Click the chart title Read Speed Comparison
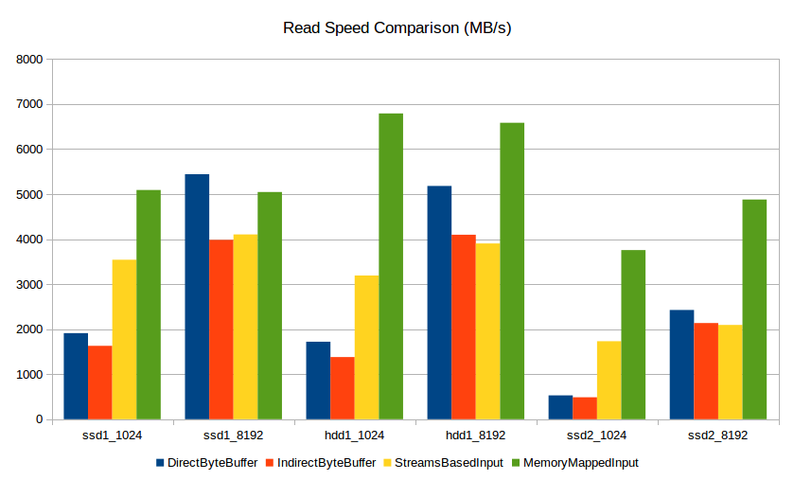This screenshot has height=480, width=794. click(x=397, y=27)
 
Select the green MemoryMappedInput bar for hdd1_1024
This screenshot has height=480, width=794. click(x=391, y=266)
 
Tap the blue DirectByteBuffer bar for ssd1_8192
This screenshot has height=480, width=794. click(x=197, y=296)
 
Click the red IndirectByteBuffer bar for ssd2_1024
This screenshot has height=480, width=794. click(x=585, y=408)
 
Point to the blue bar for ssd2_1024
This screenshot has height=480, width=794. click(x=560, y=407)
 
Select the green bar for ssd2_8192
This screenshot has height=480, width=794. click(x=754, y=310)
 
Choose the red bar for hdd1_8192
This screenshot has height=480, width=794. click(x=464, y=327)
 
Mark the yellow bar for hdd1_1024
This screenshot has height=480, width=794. click(x=366, y=347)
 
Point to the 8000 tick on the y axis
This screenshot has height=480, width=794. click(x=30, y=60)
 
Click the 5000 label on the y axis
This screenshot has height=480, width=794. click(x=30, y=195)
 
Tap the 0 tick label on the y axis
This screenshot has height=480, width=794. click(x=40, y=419)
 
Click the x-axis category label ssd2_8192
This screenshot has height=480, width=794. click(x=718, y=436)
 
